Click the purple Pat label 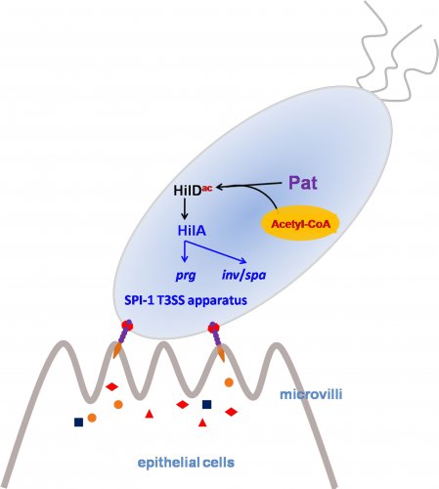click(x=303, y=183)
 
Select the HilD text click(x=187, y=191)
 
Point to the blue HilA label click(x=192, y=231)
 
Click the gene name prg click(x=186, y=276)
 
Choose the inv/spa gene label click(x=243, y=275)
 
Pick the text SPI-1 click(x=135, y=299)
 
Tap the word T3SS click(x=165, y=299)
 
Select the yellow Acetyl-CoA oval click(x=300, y=224)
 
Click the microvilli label click(x=311, y=394)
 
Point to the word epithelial click(x=168, y=463)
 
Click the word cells click(x=218, y=463)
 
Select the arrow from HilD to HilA click(x=185, y=208)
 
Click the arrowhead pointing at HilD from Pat click(x=219, y=187)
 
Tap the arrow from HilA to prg click(x=185, y=251)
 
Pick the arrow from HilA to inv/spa click(x=215, y=251)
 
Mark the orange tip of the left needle click(x=116, y=352)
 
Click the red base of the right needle click(x=213, y=327)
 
